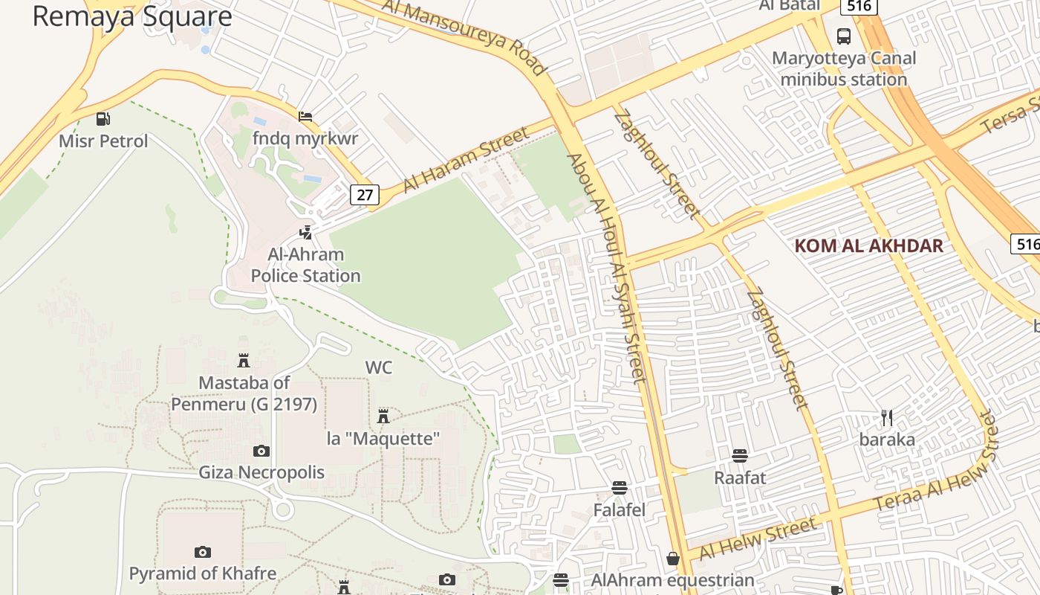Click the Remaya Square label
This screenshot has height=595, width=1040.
(x=132, y=16)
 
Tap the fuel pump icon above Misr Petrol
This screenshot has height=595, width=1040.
(x=103, y=118)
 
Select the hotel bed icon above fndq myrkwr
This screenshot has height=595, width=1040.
(x=305, y=117)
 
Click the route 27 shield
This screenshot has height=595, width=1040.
(x=365, y=195)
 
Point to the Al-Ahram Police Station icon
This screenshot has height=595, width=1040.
(x=305, y=232)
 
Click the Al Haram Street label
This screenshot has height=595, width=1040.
(x=466, y=160)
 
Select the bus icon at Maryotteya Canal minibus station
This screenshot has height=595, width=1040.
(x=844, y=36)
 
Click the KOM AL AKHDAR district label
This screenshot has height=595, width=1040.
(x=868, y=246)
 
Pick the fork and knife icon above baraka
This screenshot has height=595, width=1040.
(x=886, y=417)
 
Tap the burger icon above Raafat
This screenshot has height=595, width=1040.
(x=739, y=455)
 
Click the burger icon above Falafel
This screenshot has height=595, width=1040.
(x=619, y=488)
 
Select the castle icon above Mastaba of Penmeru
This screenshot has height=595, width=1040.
(x=243, y=361)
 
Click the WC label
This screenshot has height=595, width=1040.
(x=378, y=367)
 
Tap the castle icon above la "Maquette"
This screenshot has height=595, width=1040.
(x=383, y=416)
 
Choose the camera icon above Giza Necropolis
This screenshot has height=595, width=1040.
(x=261, y=451)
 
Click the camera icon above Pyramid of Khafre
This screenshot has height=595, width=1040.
(x=202, y=552)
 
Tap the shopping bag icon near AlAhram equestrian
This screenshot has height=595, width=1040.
(x=673, y=558)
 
